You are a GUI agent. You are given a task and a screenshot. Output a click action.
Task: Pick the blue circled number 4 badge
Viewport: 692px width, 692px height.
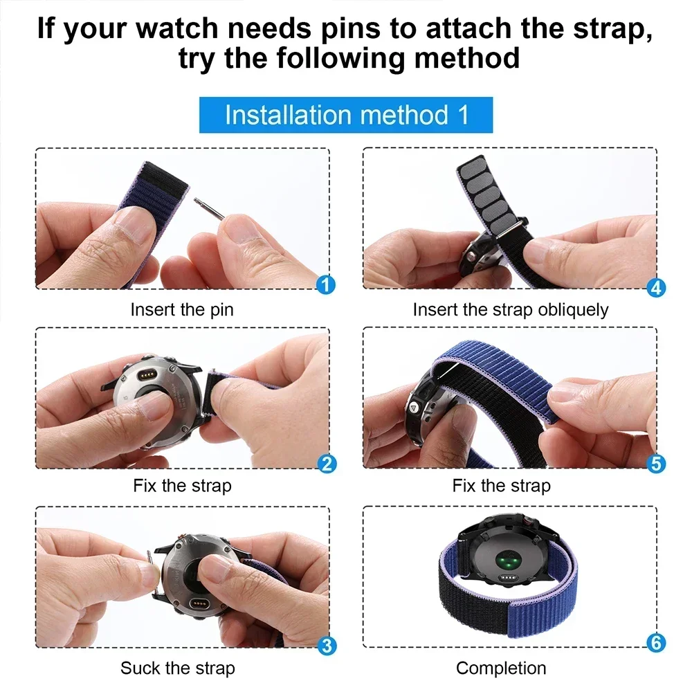(x=656, y=287)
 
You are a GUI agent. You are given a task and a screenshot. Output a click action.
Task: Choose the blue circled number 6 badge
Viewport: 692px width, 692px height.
(x=656, y=643)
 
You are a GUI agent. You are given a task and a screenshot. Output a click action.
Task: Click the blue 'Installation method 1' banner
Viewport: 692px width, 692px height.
(x=346, y=115)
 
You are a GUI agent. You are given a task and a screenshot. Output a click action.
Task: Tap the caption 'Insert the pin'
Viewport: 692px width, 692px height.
(x=182, y=309)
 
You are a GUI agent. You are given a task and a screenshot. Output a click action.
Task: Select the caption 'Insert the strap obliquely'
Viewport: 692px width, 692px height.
(x=510, y=309)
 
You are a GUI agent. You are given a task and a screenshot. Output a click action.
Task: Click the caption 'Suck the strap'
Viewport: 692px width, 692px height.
(x=178, y=668)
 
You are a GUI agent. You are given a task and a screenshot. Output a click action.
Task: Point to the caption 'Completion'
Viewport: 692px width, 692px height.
(x=501, y=668)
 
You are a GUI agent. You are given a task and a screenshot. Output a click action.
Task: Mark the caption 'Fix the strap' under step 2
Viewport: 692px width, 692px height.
(x=182, y=486)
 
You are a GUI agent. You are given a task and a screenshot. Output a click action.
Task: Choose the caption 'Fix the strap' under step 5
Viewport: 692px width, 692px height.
(x=501, y=486)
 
